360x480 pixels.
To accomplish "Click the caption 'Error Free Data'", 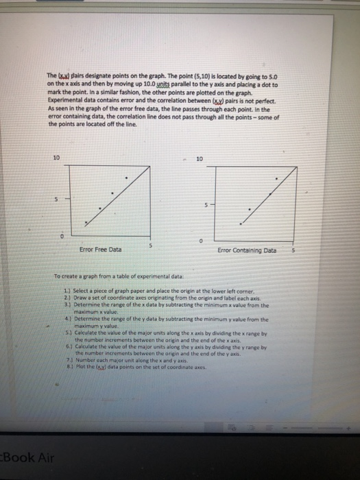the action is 101,250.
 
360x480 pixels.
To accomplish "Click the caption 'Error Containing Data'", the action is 247,250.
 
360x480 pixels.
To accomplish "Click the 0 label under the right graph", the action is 201,241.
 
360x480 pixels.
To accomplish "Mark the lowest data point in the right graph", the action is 241,223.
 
